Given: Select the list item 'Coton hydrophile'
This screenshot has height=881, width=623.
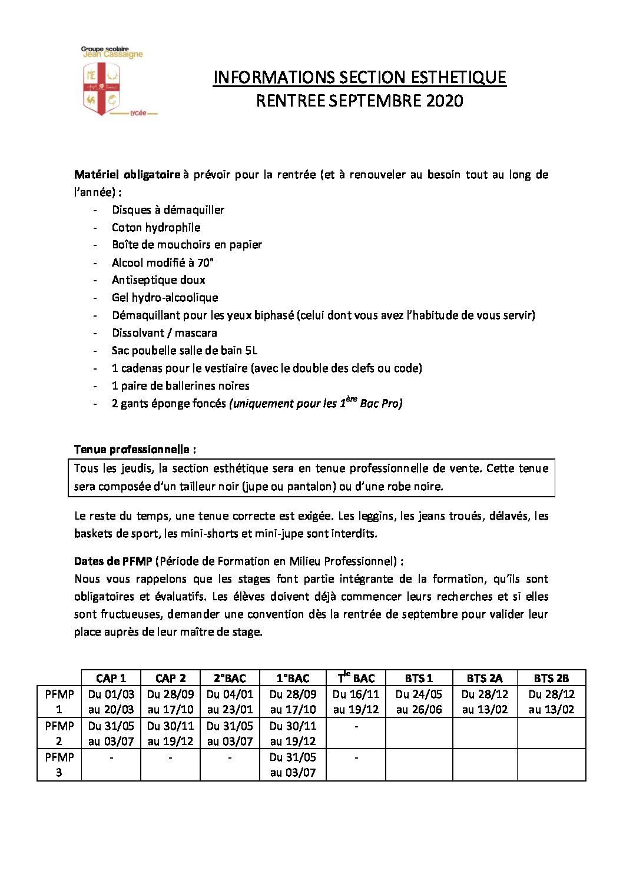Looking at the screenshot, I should click(x=156, y=227).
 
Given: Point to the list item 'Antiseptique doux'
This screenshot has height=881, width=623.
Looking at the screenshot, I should click(x=158, y=280).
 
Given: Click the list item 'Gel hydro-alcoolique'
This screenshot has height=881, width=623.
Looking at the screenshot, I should click(x=165, y=298).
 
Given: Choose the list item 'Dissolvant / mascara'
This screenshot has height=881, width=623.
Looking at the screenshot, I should click(x=164, y=333).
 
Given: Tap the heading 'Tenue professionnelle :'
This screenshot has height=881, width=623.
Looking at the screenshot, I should click(x=135, y=450).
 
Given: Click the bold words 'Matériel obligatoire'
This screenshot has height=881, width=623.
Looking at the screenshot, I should click(x=127, y=175).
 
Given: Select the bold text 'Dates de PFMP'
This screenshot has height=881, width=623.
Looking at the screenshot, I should click(x=113, y=561).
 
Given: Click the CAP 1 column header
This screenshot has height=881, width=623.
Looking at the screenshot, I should click(x=111, y=678).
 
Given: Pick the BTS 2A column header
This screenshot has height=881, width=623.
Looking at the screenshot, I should click(x=484, y=678).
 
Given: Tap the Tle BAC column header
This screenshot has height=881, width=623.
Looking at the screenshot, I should click(x=356, y=678).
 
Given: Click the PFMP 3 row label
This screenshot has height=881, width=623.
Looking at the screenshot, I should click(x=59, y=764).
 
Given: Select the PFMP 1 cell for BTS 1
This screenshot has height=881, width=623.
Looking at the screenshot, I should click(x=419, y=702).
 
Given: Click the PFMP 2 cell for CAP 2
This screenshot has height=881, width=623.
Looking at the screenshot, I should click(x=170, y=733).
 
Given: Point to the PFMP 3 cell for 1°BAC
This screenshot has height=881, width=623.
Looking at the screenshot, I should click(x=293, y=764).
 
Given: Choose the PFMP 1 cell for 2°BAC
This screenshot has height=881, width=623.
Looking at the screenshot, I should click(x=230, y=702).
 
